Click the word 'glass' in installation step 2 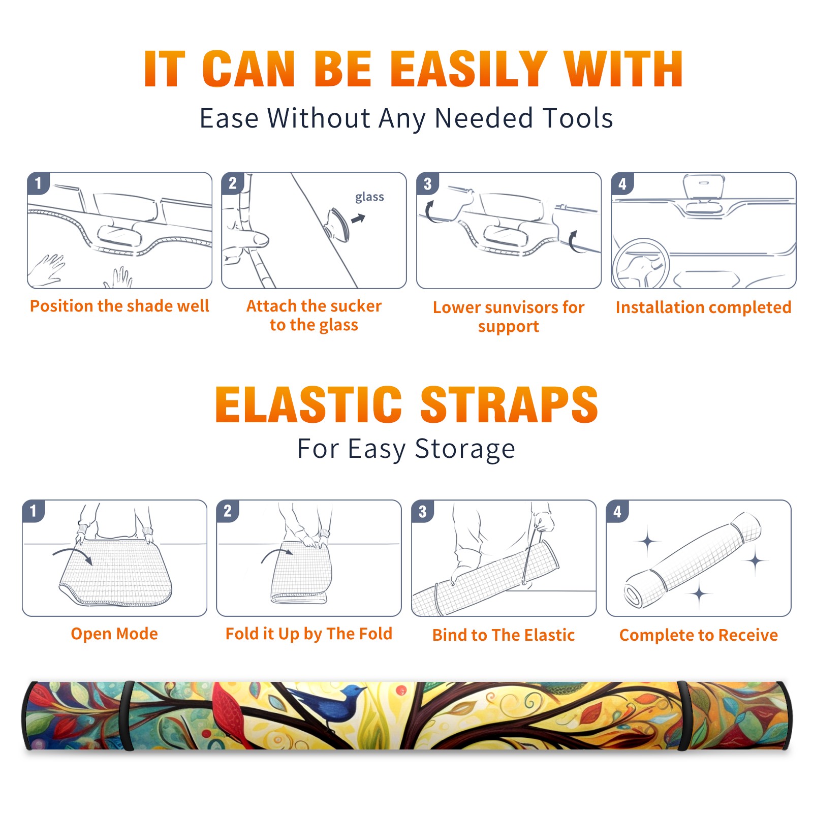(x=369, y=197)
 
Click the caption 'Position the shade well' (x=119, y=306)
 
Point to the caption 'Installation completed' (x=703, y=307)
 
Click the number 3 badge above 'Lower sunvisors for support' (x=427, y=183)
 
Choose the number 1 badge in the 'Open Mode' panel (x=34, y=511)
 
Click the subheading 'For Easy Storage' (x=407, y=449)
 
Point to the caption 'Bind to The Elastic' (x=503, y=635)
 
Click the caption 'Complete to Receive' (x=699, y=635)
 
